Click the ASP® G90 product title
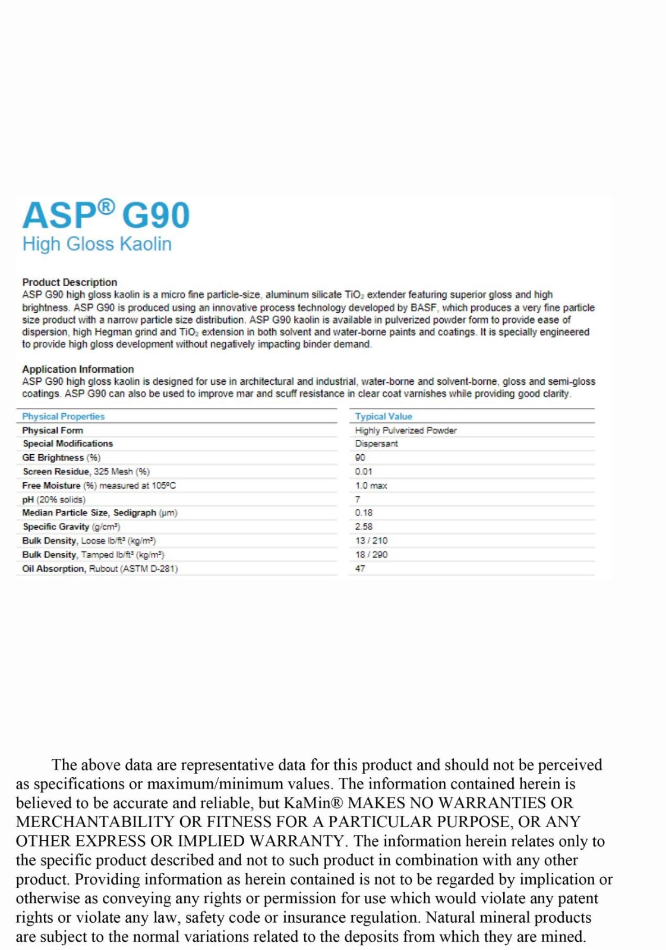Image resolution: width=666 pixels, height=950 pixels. coord(106,215)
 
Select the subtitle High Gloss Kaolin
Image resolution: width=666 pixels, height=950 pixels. coord(97,244)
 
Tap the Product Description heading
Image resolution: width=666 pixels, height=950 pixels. coord(70,282)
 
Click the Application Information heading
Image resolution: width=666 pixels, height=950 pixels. coord(78,369)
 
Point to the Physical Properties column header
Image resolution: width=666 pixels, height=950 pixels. coord(63,416)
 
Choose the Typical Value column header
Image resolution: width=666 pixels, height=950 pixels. coord(383,416)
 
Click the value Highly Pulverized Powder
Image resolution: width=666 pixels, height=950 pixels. coord(406,430)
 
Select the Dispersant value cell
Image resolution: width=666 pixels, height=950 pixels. coord(377,444)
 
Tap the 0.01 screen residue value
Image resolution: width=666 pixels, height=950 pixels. coord(364,471)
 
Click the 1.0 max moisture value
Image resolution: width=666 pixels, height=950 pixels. coord(371,486)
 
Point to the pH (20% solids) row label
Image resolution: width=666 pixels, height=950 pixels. coord(53,499)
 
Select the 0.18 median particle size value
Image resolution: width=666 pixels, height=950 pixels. coord(364,512)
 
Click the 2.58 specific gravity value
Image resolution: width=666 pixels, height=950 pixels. coord(364,527)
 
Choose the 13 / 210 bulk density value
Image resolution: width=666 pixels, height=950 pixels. coord(371,540)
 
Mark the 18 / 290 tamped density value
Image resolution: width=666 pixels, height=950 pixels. coord(371,555)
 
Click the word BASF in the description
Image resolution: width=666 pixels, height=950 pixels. coord(423,308)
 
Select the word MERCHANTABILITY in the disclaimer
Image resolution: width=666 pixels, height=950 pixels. coord(96,822)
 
